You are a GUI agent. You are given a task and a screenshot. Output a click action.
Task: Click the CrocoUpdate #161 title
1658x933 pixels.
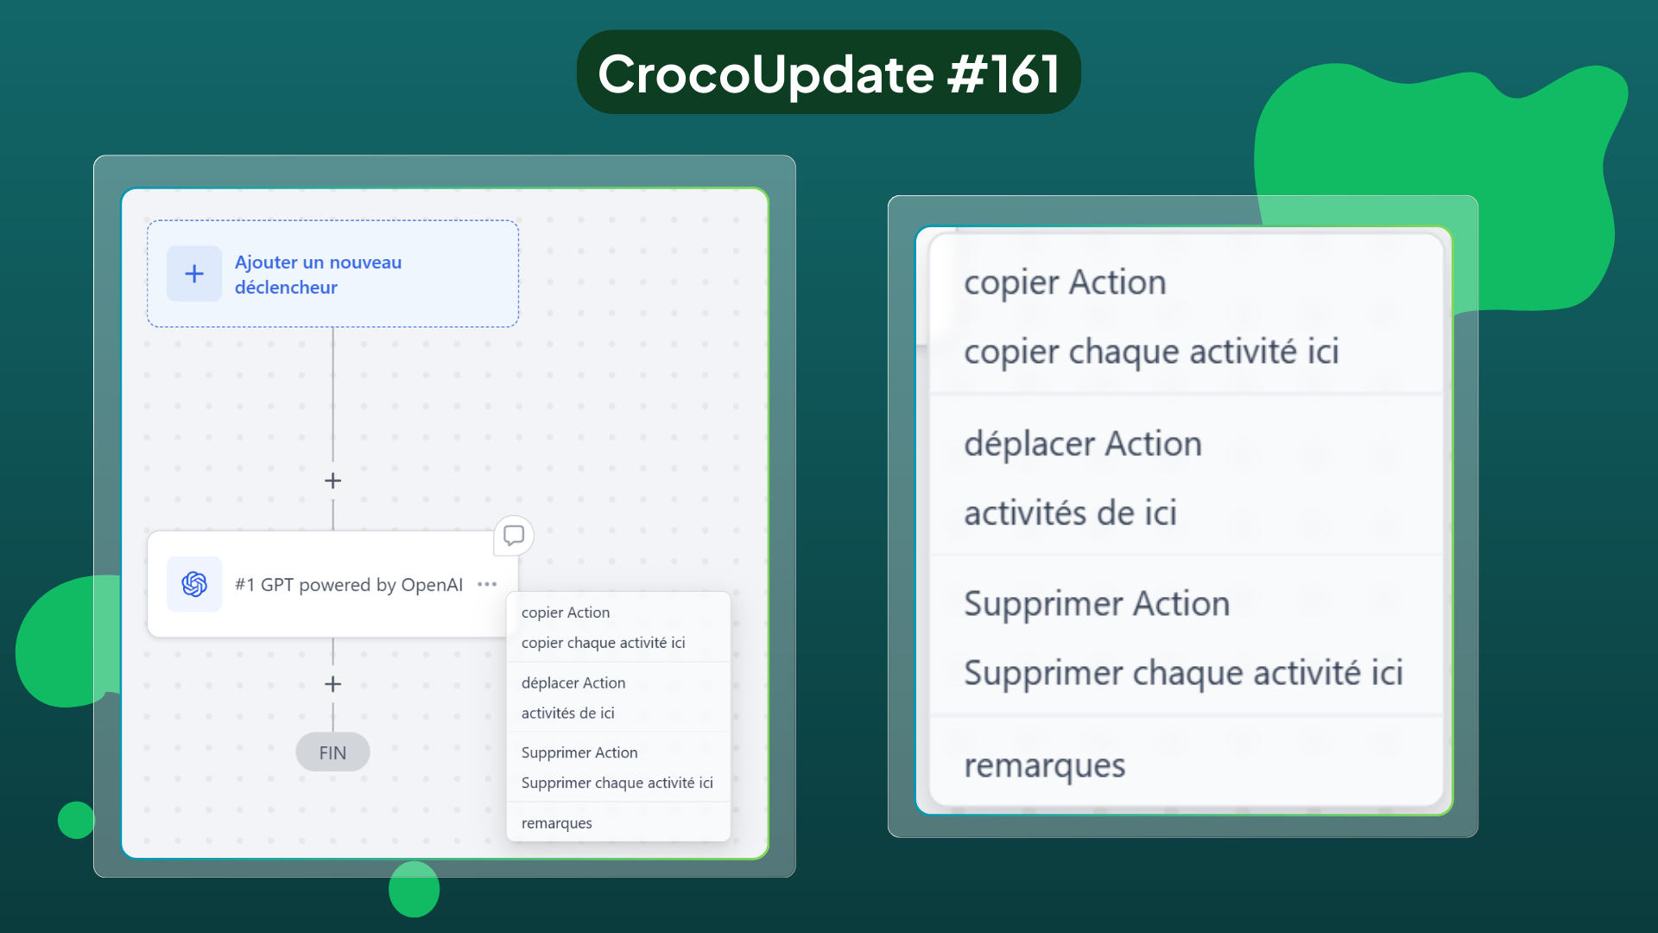click(828, 73)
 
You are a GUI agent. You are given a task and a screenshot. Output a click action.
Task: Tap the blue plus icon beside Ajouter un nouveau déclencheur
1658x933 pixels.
click(194, 274)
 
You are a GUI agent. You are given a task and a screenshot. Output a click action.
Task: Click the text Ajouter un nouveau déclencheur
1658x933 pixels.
click(318, 275)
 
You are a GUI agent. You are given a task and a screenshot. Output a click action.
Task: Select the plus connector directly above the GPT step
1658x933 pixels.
click(332, 480)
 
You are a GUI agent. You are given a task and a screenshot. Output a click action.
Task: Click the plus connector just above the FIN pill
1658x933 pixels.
click(332, 684)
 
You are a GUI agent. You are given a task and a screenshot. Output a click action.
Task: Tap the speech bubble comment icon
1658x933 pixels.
click(514, 536)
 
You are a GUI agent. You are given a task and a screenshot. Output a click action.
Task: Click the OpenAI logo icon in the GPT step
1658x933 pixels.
click(194, 584)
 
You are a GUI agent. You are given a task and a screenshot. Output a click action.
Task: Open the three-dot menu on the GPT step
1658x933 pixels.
click(487, 584)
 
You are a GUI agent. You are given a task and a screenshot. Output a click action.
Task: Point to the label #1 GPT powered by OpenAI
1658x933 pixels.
click(349, 585)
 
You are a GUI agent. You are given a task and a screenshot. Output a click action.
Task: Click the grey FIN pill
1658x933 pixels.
click(332, 752)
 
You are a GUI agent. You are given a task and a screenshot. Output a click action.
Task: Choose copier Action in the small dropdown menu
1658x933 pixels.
click(566, 612)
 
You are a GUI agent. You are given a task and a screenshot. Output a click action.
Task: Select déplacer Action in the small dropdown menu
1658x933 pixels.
click(573, 682)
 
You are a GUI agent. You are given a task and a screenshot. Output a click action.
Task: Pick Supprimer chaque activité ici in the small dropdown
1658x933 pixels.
click(617, 783)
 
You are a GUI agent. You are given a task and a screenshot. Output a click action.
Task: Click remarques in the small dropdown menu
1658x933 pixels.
click(557, 823)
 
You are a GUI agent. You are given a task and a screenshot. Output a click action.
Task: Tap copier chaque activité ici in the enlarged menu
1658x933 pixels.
click(1151, 352)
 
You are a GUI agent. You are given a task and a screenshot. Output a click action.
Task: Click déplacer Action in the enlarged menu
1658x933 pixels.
click(1083, 444)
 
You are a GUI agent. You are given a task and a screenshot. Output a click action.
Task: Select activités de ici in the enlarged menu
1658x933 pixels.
click(1071, 513)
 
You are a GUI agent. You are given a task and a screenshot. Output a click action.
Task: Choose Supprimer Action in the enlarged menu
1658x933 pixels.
click(1097, 604)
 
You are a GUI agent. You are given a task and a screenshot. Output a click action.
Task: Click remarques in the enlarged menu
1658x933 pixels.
click(1045, 765)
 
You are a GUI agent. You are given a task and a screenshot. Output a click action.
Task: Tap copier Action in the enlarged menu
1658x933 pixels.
click(1065, 282)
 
